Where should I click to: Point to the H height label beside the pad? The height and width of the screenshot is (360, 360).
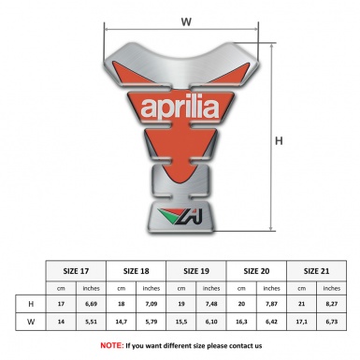279,141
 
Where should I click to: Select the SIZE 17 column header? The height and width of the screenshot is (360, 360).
77,269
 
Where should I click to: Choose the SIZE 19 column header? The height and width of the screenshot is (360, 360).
197,269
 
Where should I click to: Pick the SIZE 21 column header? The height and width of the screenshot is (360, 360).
317,269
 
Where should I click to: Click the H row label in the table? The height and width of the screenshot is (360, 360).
30,304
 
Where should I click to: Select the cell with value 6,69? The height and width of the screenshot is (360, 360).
92,304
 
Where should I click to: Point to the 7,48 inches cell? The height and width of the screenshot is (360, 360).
212,304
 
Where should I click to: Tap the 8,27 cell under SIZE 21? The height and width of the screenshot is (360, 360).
332,304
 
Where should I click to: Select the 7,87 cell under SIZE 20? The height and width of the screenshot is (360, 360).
272,304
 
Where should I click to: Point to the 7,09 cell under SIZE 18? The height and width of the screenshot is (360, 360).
151,304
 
